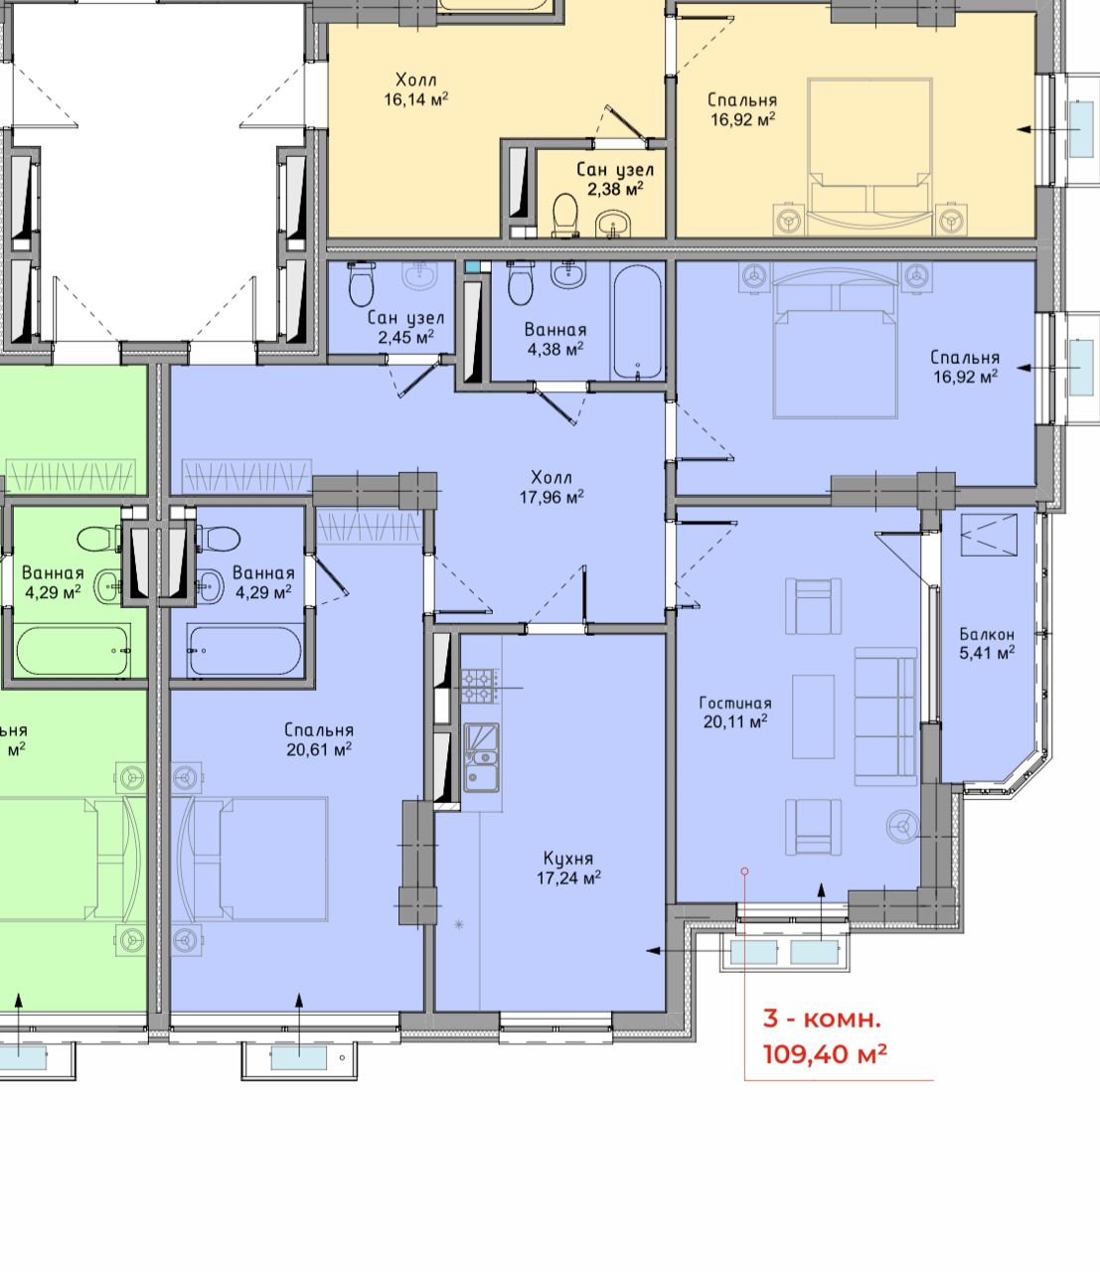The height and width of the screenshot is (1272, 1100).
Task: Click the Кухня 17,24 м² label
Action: click(x=568, y=869)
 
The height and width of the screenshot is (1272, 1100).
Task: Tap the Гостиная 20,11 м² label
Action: click(x=735, y=713)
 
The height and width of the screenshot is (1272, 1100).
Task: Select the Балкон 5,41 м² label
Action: click(x=987, y=644)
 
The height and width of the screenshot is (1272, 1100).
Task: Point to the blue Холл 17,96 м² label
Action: click(x=551, y=487)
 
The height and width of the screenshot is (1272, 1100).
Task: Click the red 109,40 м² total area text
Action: click(x=825, y=1054)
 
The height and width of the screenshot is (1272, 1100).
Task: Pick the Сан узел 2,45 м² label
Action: click(x=406, y=327)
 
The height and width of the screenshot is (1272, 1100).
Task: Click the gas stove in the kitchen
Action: click(x=480, y=686)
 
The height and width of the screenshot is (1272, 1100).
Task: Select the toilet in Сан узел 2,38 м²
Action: click(x=564, y=216)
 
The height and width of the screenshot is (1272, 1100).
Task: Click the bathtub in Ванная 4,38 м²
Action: click(x=638, y=322)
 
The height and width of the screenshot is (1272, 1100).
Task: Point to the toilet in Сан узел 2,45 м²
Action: click(x=362, y=283)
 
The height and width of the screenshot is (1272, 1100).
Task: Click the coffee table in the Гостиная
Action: click(x=813, y=716)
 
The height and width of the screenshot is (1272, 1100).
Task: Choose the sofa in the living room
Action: click(x=885, y=716)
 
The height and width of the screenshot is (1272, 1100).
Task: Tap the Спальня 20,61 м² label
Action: click(x=319, y=739)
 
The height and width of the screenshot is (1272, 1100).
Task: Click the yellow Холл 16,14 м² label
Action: click(x=416, y=89)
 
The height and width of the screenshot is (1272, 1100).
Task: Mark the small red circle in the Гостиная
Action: click(x=745, y=871)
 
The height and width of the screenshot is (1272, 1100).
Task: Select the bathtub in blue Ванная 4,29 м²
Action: click(x=244, y=651)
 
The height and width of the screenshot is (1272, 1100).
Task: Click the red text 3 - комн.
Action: click(x=822, y=1019)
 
